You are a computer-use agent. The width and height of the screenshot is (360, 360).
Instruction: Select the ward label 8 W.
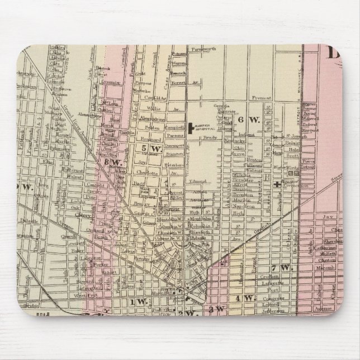pos(112,163)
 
